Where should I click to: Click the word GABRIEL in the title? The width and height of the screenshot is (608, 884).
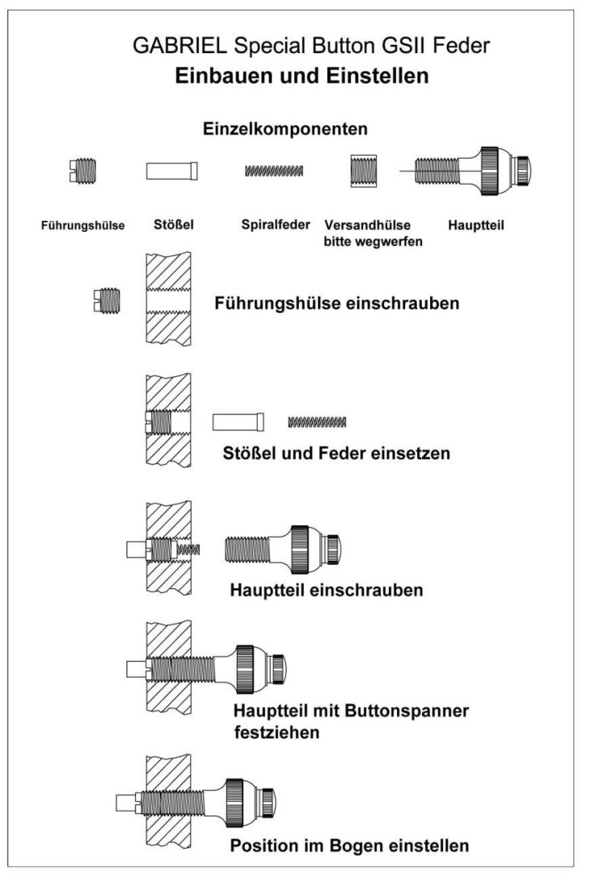180,45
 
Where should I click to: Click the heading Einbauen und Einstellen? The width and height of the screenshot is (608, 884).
301,76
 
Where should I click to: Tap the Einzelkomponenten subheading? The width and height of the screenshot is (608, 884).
285,129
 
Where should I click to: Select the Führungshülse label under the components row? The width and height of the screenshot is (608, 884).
83,226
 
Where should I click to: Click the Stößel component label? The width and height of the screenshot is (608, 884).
174,224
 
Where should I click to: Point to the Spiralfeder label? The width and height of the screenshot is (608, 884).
275,224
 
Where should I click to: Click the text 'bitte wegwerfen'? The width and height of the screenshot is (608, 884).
373,242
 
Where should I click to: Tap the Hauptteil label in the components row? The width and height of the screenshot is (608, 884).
476,226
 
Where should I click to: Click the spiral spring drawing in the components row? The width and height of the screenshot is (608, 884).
274,170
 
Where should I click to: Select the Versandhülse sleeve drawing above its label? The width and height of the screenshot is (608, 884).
363,171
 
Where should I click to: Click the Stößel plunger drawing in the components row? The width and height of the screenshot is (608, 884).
172,171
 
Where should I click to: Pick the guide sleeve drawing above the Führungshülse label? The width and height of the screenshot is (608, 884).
82,171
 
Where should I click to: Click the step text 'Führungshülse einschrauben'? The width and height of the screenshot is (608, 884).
337,303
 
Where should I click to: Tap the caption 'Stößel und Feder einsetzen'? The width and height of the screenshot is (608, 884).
337,453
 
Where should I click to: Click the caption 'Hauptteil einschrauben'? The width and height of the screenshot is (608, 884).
326,590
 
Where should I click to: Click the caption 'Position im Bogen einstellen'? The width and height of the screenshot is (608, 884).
349,845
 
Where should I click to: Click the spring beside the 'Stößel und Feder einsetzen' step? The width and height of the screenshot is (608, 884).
317,421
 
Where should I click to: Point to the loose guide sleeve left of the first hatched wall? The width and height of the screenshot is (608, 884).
106,301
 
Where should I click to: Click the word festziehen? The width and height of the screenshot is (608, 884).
277,733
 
